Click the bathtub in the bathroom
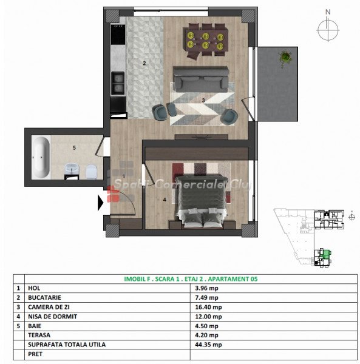(x=41, y=157)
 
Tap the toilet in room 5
(x=91, y=171)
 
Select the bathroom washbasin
(x=72, y=169)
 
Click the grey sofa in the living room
(x=201, y=79)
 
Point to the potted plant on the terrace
(x=285, y=58)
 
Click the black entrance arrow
(x=100, y=203)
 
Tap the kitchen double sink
(x=118, y=84)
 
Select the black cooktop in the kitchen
(x=118, y=34)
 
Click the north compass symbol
(x=328, y=27)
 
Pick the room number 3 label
(x=203, y=100)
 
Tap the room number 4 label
(x=165, y=200)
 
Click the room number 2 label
(x=144, y=63)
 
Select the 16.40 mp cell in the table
(x=208, y=307)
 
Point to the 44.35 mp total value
(x=208, y=345)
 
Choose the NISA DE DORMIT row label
(x=52, y=317)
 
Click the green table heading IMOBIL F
(x=138, y=279)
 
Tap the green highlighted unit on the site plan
(x=327, y=253)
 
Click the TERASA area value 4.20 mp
(x=206, y=335)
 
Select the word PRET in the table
(x=35, y=354)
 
